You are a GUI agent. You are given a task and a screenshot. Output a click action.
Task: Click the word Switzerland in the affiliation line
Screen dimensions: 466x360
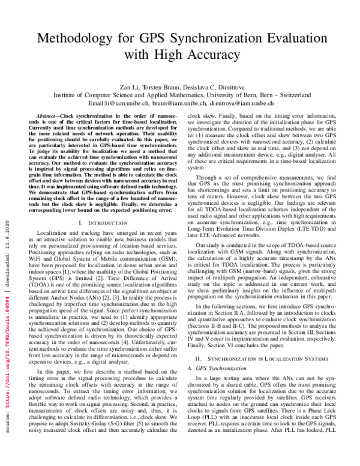click(x=286, y=94)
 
